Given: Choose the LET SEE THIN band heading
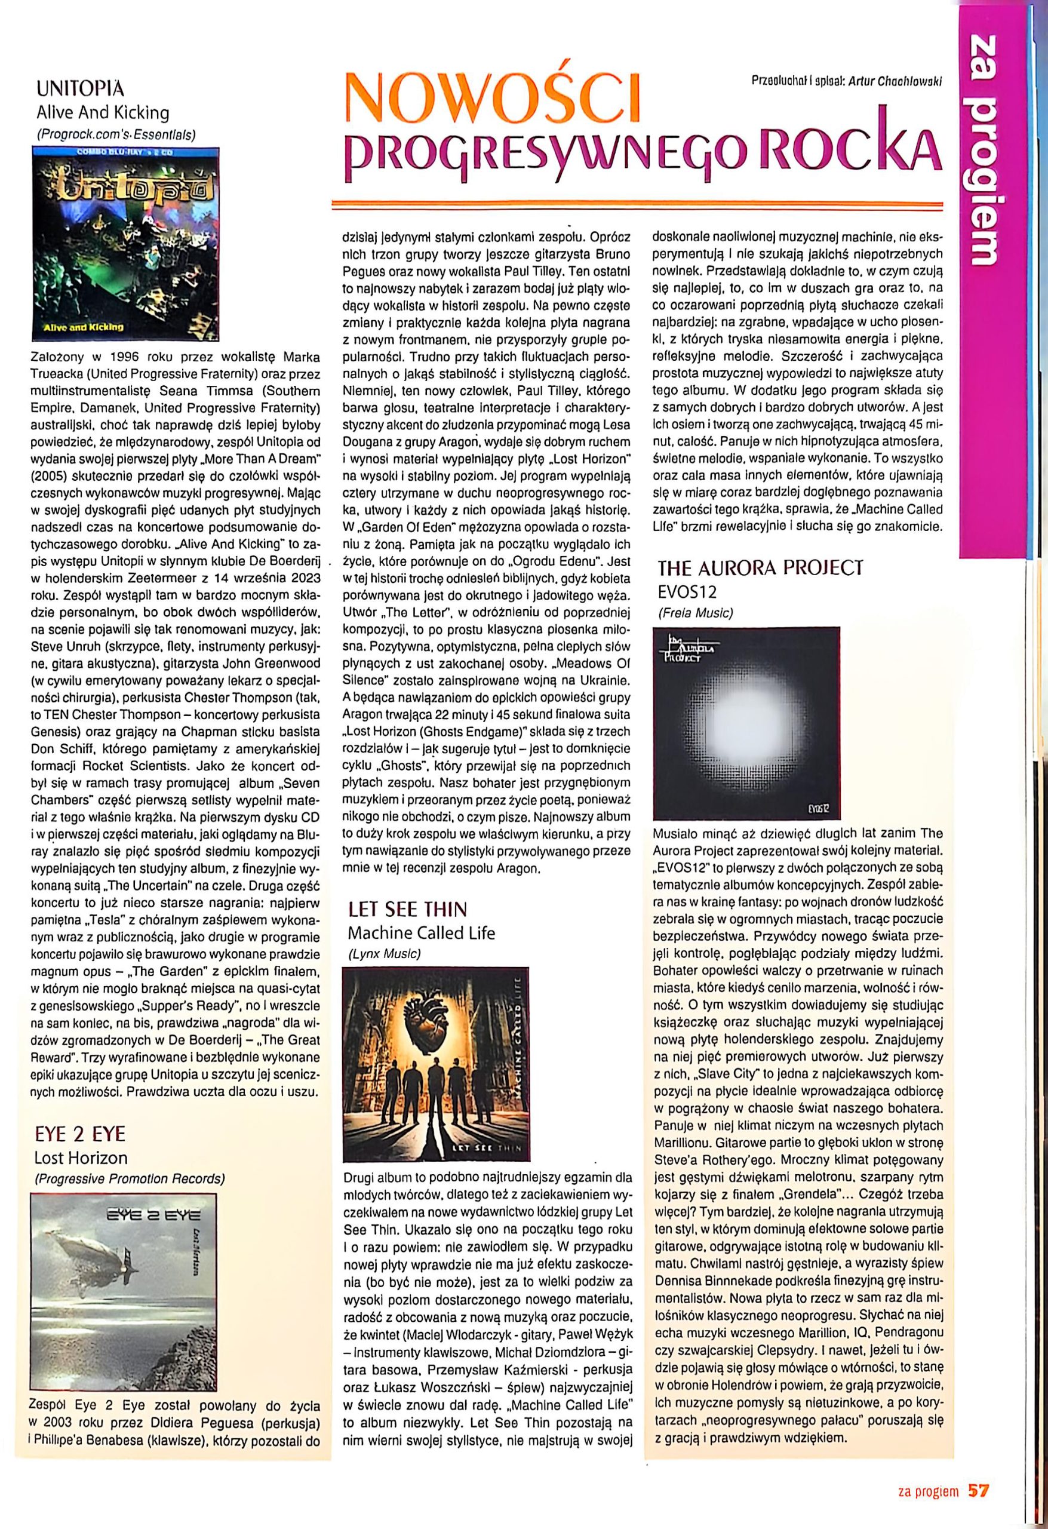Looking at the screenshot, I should [x=408, y=909].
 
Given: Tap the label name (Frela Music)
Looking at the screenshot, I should [x=695, y=612].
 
